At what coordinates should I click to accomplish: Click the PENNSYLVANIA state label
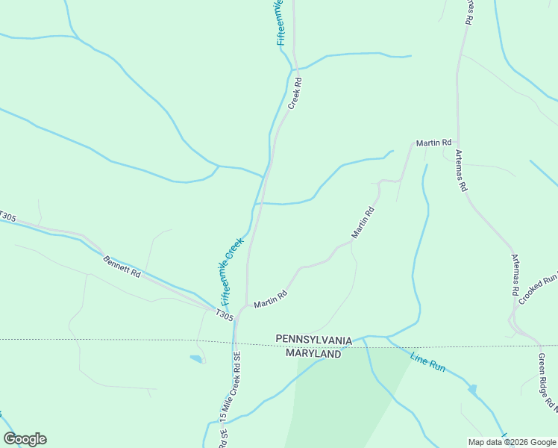tap(313, 340)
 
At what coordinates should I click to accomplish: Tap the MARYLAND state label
tap(313, 353)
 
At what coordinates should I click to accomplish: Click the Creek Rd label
tap(294, 94)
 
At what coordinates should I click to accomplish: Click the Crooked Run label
tap(538, 287)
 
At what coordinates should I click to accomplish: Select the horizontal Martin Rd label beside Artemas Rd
tap(433, 142)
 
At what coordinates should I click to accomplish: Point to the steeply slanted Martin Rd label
tap(363, 223)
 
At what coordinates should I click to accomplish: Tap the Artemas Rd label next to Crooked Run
tap(515, 276)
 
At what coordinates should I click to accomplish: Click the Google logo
tap(25, 439)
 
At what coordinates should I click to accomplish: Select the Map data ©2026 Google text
tap(512, 442)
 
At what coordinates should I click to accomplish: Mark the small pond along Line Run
tap(472, 389)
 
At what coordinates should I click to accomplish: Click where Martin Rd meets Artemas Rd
tap(457, 143)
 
